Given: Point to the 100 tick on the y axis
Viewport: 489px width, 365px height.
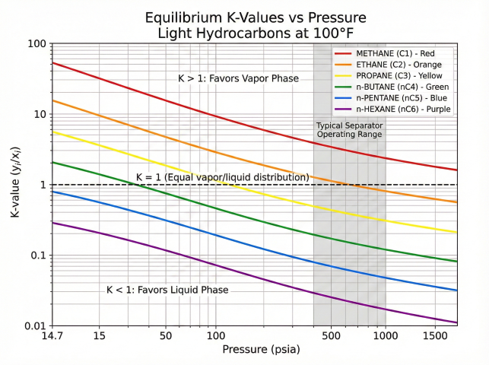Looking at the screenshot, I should pyautogui.click(x=35, y=44).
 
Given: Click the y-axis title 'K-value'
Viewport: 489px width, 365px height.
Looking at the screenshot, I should pyautogui.click(x=15, y=185).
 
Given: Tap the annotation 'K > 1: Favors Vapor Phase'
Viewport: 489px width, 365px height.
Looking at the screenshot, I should pyautogui.click(x=238, y=78).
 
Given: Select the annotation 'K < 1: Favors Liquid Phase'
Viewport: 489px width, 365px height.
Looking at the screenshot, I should pyautogui.click(x=167, y=290).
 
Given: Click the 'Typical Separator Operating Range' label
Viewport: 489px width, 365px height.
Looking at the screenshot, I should pyautogui.click(x=349, y=129).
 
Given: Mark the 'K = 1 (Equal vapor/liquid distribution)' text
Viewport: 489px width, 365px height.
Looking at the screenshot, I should pyautogui.click(x=222, y=177).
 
